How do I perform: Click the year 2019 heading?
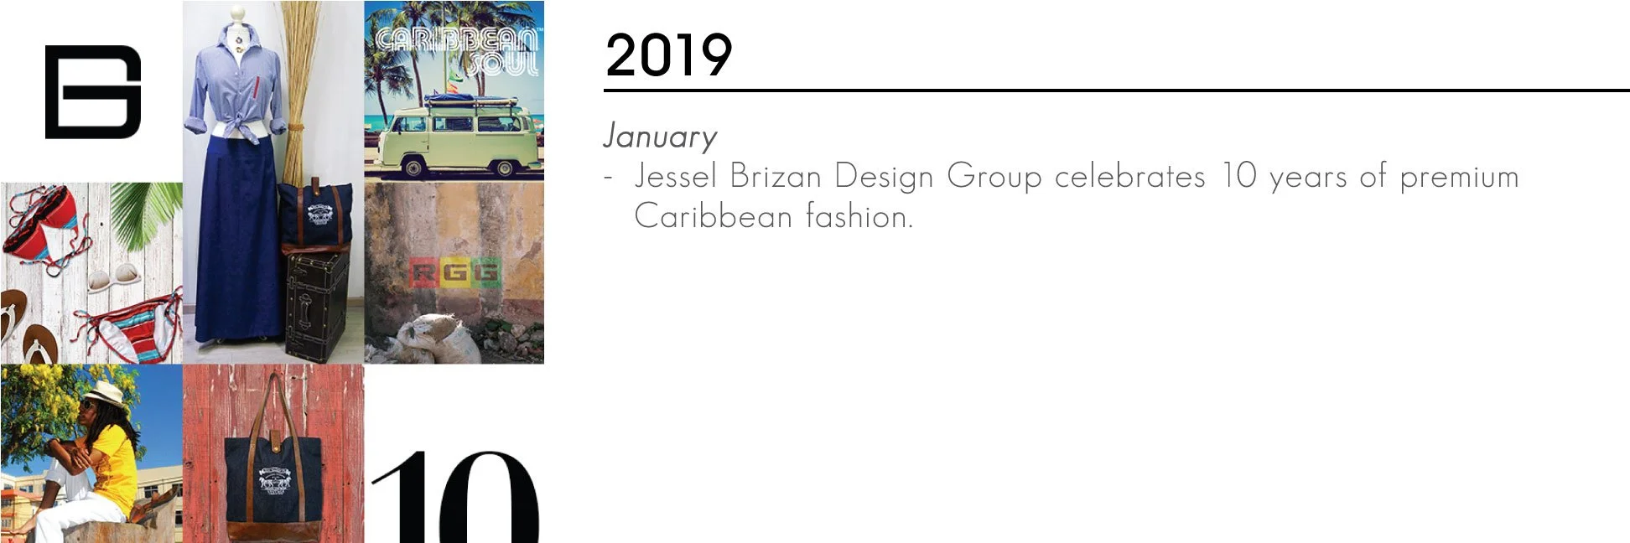point(668,55)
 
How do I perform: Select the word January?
point(660,137)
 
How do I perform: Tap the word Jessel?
point(675,177)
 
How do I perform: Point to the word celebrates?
point(1129,177)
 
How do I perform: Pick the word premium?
point(1459,177)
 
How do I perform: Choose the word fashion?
point(858,216)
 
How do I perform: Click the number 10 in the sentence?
point(1238,177)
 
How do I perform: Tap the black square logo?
point(92,91)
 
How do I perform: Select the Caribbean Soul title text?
point(457,51)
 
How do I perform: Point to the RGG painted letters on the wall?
point(454,273)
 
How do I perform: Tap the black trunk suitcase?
point(316,306)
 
